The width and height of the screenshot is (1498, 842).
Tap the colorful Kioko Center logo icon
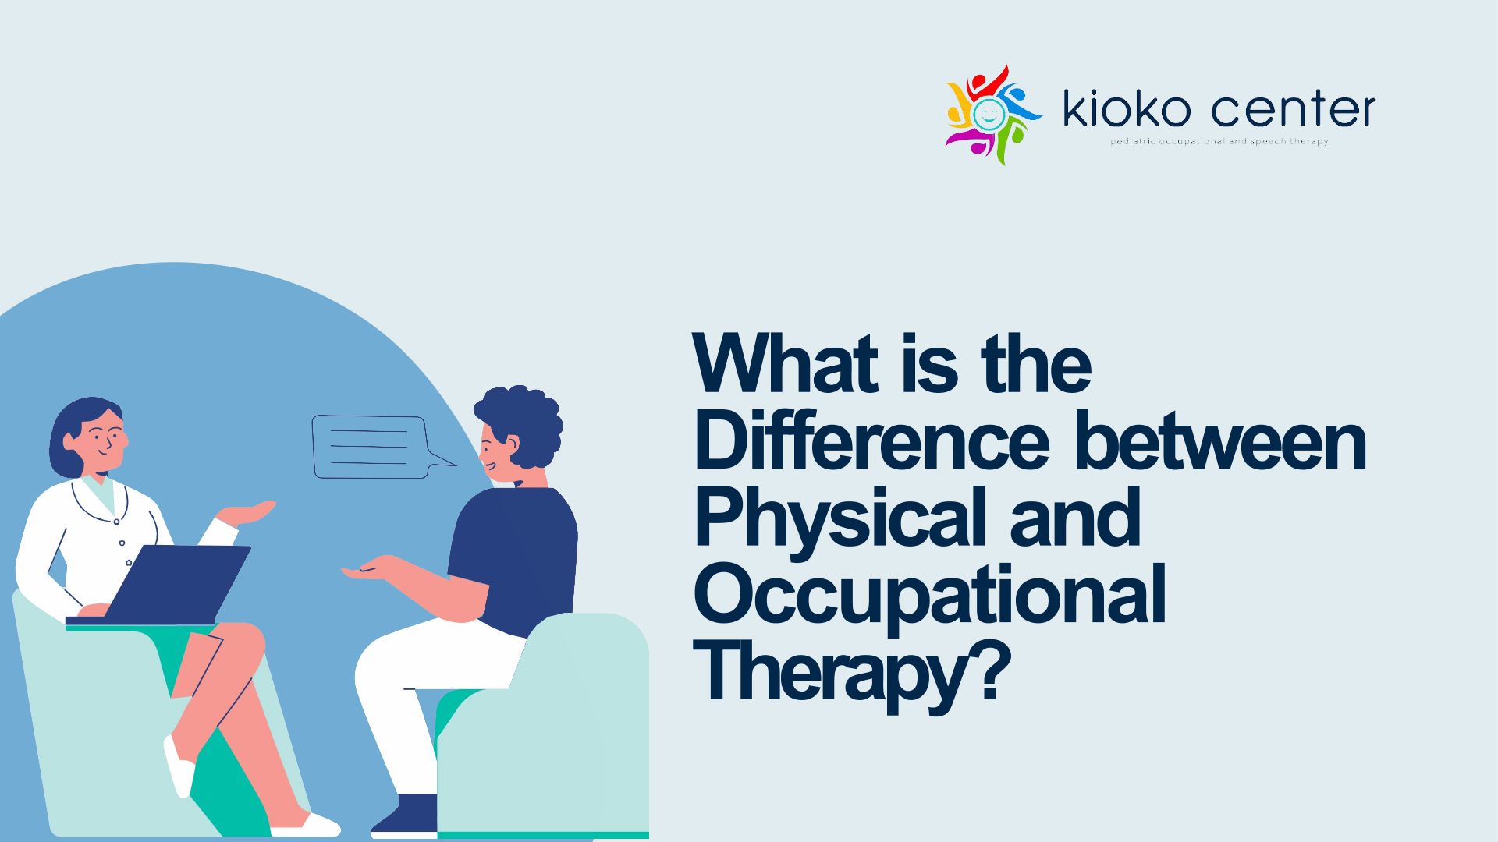tap(992, 115)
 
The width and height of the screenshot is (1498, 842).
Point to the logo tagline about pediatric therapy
tap(1219, 142)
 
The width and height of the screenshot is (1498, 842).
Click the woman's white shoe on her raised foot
tap(179, 767)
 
